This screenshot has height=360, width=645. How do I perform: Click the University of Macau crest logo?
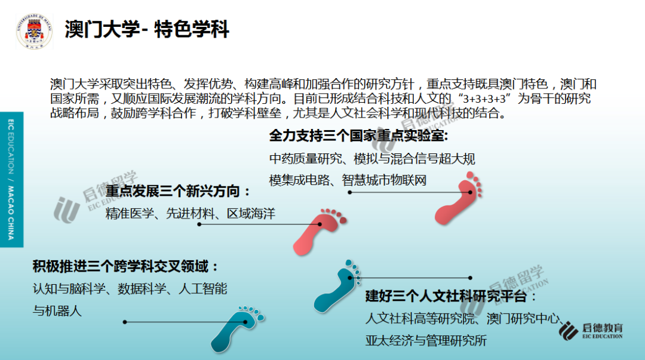click(34, 31)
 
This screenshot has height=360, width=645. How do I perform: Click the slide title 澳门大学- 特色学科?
click(146, 30)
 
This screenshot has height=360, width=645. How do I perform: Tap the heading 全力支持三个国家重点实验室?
click(358, 136)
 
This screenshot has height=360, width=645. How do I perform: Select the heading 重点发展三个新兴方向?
click(177, 191)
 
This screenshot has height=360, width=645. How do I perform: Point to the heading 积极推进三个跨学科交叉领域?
click(125, 267)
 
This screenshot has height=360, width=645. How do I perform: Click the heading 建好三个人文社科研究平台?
click(450, 296)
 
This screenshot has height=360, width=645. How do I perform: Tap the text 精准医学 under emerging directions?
click(130, 214)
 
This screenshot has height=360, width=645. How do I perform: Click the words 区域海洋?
click(251, 214)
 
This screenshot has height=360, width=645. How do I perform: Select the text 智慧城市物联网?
click(384, 180)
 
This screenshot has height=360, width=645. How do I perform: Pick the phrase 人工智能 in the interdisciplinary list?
click(203, 289)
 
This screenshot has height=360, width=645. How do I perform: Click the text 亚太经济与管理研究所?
click(426, 341)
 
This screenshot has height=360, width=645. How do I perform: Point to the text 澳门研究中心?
click(523, 318)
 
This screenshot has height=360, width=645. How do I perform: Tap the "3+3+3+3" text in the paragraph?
click(484, 99)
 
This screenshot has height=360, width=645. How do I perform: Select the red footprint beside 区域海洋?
click(318, 231)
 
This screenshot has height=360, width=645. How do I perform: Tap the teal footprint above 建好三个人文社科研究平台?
click(337, 286)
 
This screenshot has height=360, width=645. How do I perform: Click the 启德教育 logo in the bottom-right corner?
click(591, 331)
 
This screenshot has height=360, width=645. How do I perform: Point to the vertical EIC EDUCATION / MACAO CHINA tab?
click(11, 179)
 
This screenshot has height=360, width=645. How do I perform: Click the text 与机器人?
click(57, 310)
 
